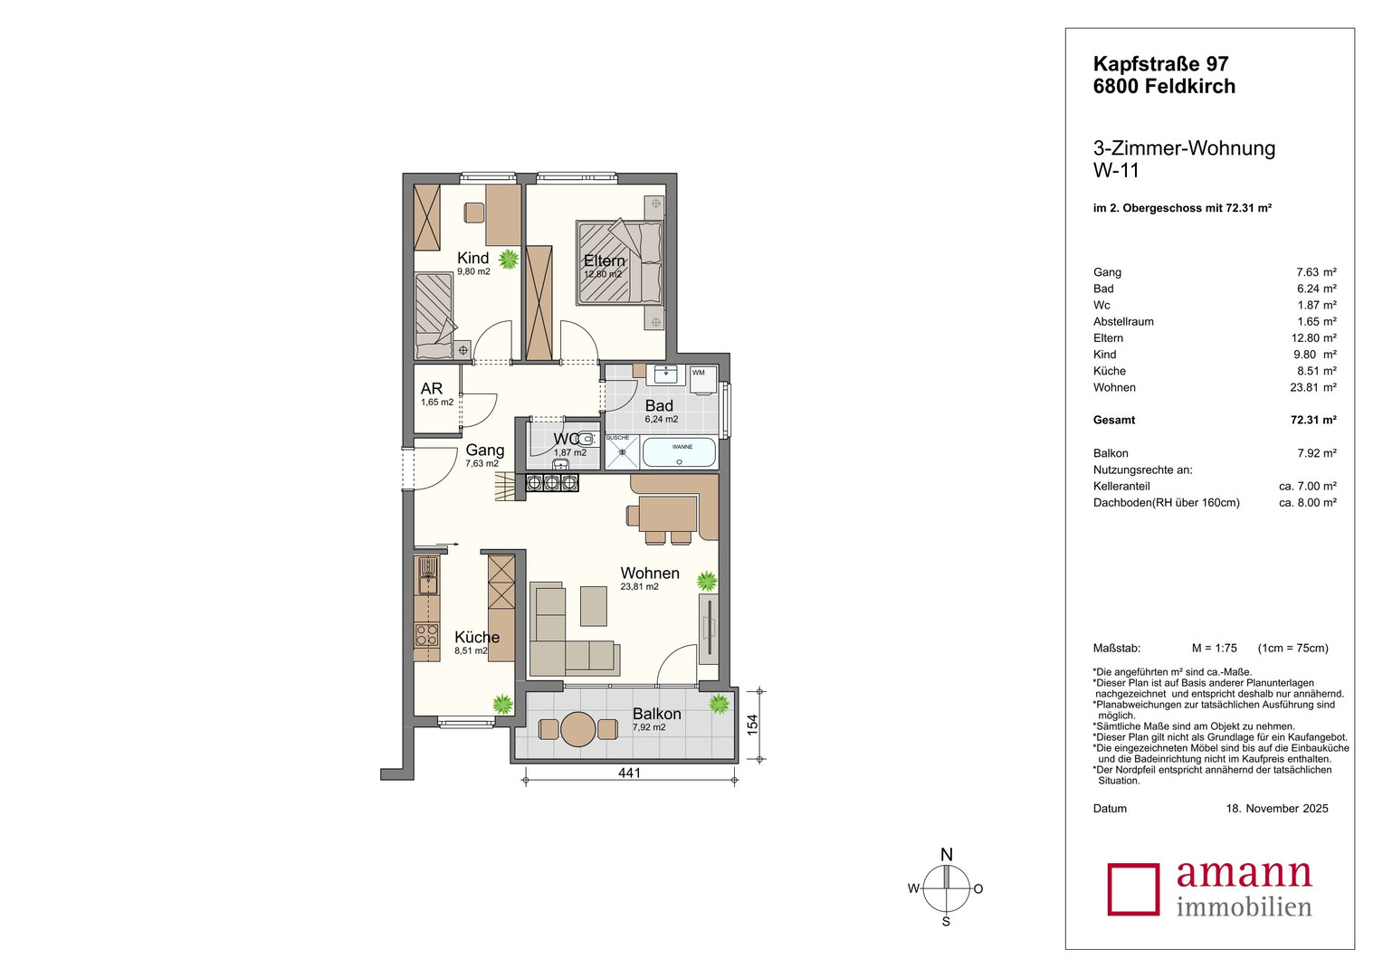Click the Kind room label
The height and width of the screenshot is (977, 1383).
[x=472, y=257]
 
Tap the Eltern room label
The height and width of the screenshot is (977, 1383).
[x=604, y=261]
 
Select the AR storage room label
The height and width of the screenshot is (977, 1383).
[x=432, y=388]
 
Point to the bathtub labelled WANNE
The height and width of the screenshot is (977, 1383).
[x=679, y=452]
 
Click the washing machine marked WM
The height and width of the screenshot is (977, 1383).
[x=703, y=379]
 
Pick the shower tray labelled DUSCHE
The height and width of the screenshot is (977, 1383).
[x=623, y=452]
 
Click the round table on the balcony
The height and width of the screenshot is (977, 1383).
[x=578, y=729]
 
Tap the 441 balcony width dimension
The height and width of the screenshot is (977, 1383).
[x=629, y=773]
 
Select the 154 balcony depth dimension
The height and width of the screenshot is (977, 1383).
[x=752, y=725]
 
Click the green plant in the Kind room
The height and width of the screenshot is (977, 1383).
[x=508, y=260]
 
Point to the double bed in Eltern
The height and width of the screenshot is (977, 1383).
[x=619, y=261]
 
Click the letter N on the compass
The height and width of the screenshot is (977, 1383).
[x=946, y=854]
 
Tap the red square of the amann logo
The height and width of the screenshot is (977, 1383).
[x=1133, y=888]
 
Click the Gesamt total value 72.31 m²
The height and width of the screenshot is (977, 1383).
[x=1313, y=420]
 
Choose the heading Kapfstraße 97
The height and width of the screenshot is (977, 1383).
[x=1160, y=63]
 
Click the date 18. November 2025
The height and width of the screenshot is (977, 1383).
[x=1277, y=809]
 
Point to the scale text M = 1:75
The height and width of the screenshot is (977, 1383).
[x=1214, y=648]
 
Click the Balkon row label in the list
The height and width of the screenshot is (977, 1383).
[x=1110, y=453]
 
